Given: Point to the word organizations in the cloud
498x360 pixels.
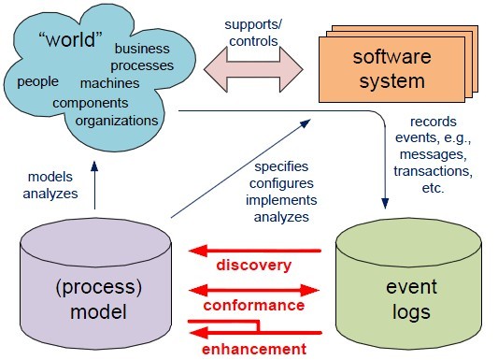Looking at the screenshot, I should tap(116, 120).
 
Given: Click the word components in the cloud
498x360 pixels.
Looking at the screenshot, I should tap(95, 102).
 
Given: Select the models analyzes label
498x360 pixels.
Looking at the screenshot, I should tap(50, 185).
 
